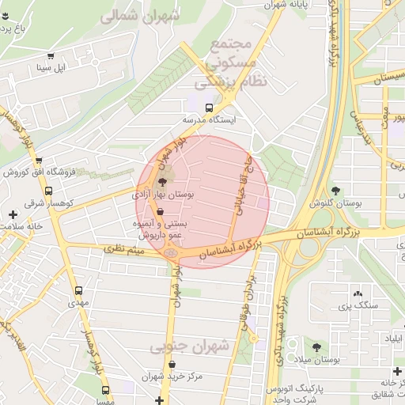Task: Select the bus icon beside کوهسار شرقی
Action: (49, 191)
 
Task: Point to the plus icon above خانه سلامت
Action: (12, 214)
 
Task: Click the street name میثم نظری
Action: (126, 252)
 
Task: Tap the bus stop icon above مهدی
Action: (78, 290)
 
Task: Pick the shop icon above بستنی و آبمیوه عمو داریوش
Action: (161, 212)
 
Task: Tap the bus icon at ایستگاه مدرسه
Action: (209, 107)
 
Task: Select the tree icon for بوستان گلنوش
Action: (336, 191)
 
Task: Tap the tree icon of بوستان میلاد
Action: (317, 346)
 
